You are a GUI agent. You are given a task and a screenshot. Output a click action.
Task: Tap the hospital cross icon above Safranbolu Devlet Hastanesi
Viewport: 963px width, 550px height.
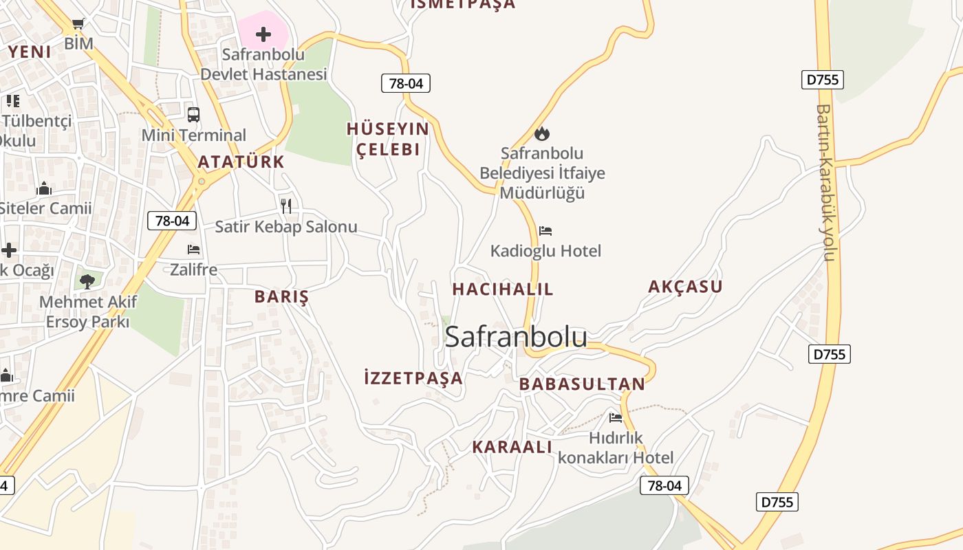point(263,34)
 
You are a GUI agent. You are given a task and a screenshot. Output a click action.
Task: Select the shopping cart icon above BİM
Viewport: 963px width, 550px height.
point(78,24)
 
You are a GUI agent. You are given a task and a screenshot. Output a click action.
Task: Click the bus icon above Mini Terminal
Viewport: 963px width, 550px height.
point(193,115)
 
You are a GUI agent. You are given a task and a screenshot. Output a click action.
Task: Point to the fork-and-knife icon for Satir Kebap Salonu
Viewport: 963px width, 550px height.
point(286,206)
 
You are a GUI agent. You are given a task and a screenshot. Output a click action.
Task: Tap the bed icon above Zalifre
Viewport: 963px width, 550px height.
point(193,250)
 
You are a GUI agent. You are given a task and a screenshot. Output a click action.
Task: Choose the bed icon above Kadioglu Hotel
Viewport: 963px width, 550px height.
point(545,231)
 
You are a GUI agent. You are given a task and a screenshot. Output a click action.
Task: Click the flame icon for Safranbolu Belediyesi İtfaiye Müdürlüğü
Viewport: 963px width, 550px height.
point(542,133)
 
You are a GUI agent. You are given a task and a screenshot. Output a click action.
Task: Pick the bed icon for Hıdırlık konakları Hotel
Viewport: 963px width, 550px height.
point(616,417)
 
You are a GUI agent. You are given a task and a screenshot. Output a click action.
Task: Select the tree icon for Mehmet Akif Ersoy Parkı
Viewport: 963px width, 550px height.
point(87,280)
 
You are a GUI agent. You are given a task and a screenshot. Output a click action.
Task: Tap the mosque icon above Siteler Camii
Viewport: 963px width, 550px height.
point(44,188)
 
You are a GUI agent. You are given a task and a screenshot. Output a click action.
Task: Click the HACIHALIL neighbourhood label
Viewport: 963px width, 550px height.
point(502,289)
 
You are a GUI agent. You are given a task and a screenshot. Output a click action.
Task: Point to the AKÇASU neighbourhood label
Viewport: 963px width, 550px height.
point(685,287)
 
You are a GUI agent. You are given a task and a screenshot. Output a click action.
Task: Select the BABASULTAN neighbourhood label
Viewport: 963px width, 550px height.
point(582,384)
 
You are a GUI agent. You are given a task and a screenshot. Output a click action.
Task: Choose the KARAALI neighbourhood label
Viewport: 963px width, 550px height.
point(512,447)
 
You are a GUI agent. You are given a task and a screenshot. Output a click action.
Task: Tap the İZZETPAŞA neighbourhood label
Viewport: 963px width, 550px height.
point(413,377)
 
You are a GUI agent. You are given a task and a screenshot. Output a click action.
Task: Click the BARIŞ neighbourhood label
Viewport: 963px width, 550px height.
point(281,297)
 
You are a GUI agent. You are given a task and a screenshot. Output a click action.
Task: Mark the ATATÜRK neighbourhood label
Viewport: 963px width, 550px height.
point(241,162)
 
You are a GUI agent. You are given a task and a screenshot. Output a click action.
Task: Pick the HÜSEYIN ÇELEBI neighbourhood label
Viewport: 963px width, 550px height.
point(388,139)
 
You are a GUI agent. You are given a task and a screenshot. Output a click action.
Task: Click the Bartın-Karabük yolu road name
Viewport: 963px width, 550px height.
point(825,182)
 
